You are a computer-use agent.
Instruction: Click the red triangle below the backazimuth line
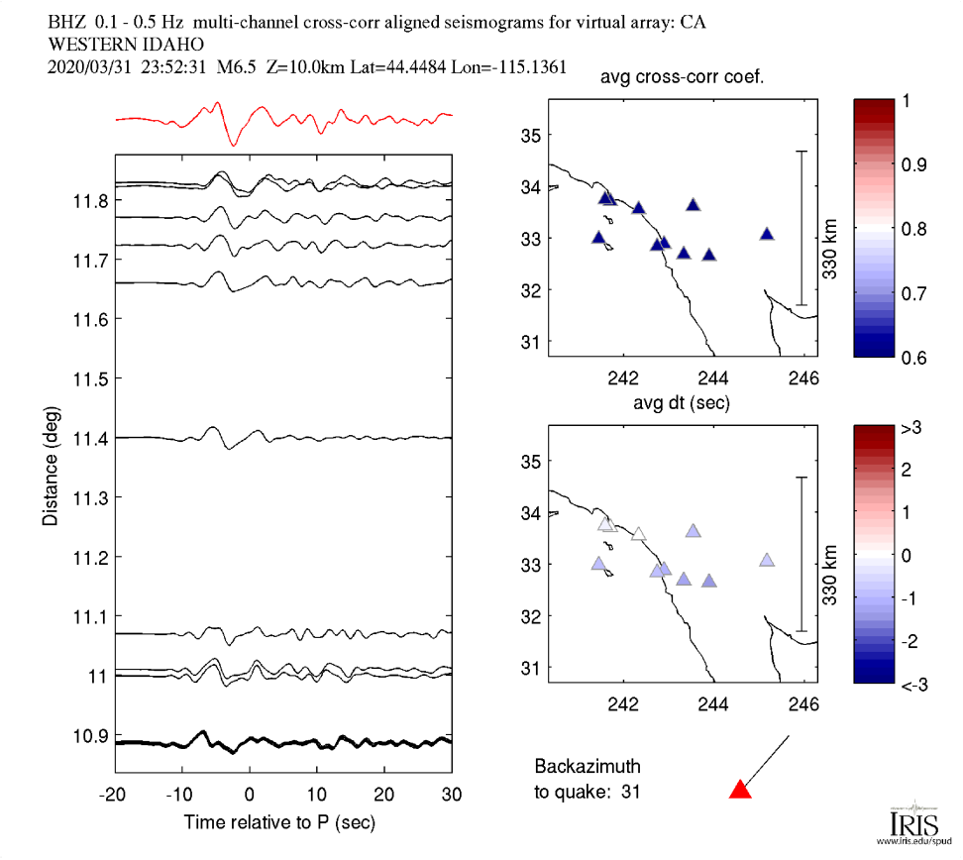740,790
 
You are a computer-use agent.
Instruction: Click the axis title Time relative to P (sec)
279,822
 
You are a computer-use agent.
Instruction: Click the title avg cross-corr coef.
682,79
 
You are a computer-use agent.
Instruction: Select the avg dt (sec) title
682,402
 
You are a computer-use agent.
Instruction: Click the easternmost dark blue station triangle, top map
767,234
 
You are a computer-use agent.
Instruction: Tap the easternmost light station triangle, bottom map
767,560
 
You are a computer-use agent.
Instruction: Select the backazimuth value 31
644,791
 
